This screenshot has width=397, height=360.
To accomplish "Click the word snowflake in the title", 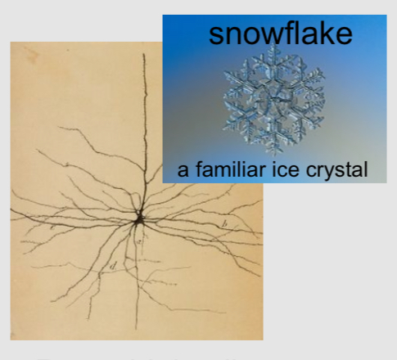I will click(x=280, y=34).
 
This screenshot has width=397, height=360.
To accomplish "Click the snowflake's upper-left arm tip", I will click(x=225, y=72).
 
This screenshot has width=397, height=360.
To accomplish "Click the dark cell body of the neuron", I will click(x=140, y=218).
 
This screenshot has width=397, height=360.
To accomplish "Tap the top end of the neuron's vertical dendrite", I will click(x=145, y=55).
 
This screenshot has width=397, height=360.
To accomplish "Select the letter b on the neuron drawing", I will click(x=225, y=223).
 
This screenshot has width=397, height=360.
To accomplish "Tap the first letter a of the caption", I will click(x=182, y=173).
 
